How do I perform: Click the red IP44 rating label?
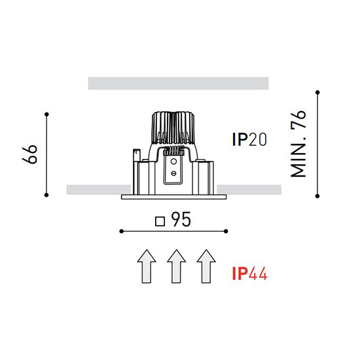pos(250,274)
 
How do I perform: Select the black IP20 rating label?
pos(249,139)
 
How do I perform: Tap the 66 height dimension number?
pos(30,154)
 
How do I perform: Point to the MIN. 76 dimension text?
pos(298,144)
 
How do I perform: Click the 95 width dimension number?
pos(181,219)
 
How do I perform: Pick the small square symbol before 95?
pos(160,221)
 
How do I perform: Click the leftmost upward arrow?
pos(147,266)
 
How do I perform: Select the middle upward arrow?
pos(176,266)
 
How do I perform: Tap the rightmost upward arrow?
pos(206,266)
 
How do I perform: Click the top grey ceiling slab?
pos(179,83)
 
